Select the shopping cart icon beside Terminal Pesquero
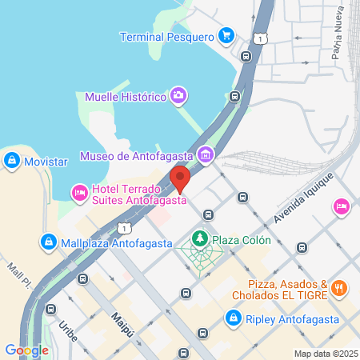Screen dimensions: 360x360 pos(226,36)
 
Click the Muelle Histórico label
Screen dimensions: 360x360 pos(126,97)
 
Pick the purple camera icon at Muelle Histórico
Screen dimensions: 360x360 pos(178,97)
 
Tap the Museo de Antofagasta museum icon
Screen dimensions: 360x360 pos(206,154)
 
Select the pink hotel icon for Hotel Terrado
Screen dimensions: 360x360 pos(79,193)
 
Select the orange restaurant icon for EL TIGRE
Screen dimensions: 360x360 pos(339,288)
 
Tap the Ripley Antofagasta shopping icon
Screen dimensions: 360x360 pos(232,318)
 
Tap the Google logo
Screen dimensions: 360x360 pos(26,350)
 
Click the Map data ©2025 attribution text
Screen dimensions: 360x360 pos(325,354)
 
